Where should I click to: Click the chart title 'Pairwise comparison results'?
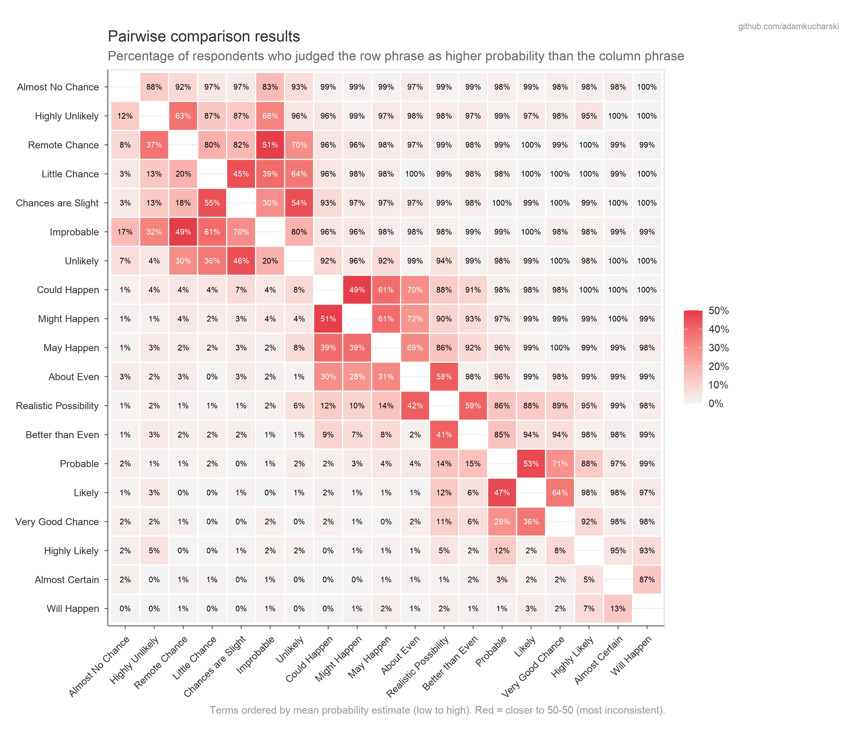click(x=204, y=37)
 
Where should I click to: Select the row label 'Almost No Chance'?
click(x=58, y=87)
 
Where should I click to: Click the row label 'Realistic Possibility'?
click(x=57, y=406)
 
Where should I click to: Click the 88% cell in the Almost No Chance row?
click(x=154, y=87)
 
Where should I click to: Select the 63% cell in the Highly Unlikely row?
click(x=183, y=116)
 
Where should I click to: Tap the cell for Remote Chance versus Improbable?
click(x=270, y=145)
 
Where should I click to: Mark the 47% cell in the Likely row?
click(x=502, y=493)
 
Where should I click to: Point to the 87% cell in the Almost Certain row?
click(x=647, y=580)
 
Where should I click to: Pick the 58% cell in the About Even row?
click(x=444, y=377)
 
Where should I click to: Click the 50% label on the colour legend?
click(x=719, y=311)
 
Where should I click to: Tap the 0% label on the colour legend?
click(x=716, y=403)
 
